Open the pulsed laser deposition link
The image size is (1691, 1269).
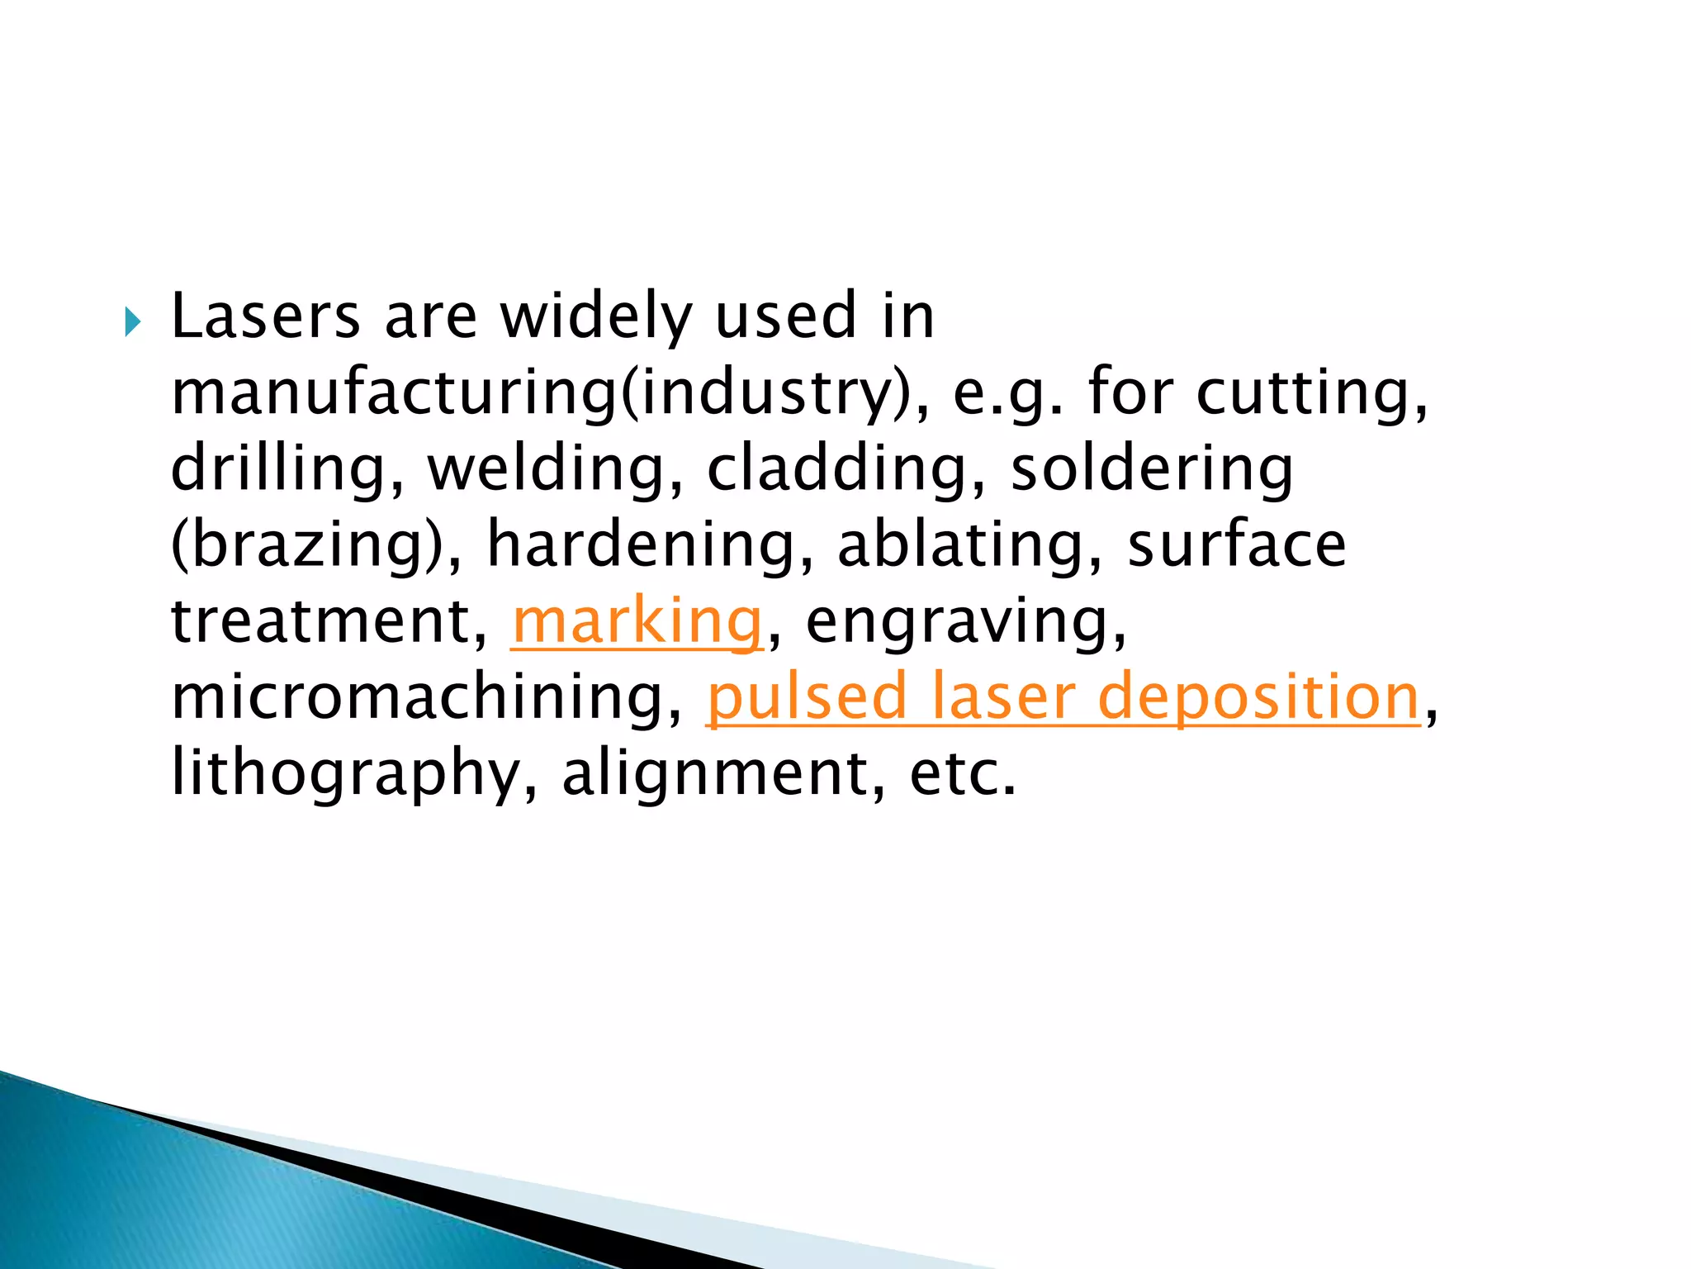tap(1063, 697)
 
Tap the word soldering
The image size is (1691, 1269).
tap(1152, 469)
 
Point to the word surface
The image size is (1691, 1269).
tap(1237, 545)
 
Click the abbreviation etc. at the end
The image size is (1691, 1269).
tap(963, 774)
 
